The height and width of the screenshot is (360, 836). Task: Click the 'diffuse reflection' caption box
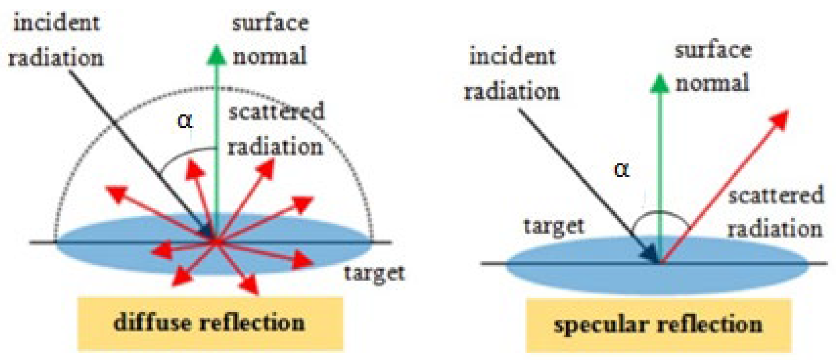[210, 324]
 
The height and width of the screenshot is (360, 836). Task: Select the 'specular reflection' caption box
[658, 325]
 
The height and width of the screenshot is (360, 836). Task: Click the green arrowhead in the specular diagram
[659, 84]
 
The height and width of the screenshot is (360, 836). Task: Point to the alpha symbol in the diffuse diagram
[185, 121]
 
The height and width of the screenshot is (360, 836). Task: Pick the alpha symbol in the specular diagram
[622, 169]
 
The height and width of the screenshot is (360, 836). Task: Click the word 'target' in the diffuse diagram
[374, 273]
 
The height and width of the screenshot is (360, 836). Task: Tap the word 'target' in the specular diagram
[553, 226]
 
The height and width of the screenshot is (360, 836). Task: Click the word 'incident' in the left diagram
[56, 23]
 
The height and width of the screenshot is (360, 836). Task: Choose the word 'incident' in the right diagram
[512, 56]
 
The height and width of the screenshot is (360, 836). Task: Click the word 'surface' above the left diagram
[270, 23]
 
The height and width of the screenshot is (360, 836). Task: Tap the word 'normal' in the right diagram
[712, 82]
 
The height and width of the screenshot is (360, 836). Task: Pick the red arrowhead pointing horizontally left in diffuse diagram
[161, 251]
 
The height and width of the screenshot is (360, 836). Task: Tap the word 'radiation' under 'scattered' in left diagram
[275, 146]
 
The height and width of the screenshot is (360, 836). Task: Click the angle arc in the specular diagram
[660, 214]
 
